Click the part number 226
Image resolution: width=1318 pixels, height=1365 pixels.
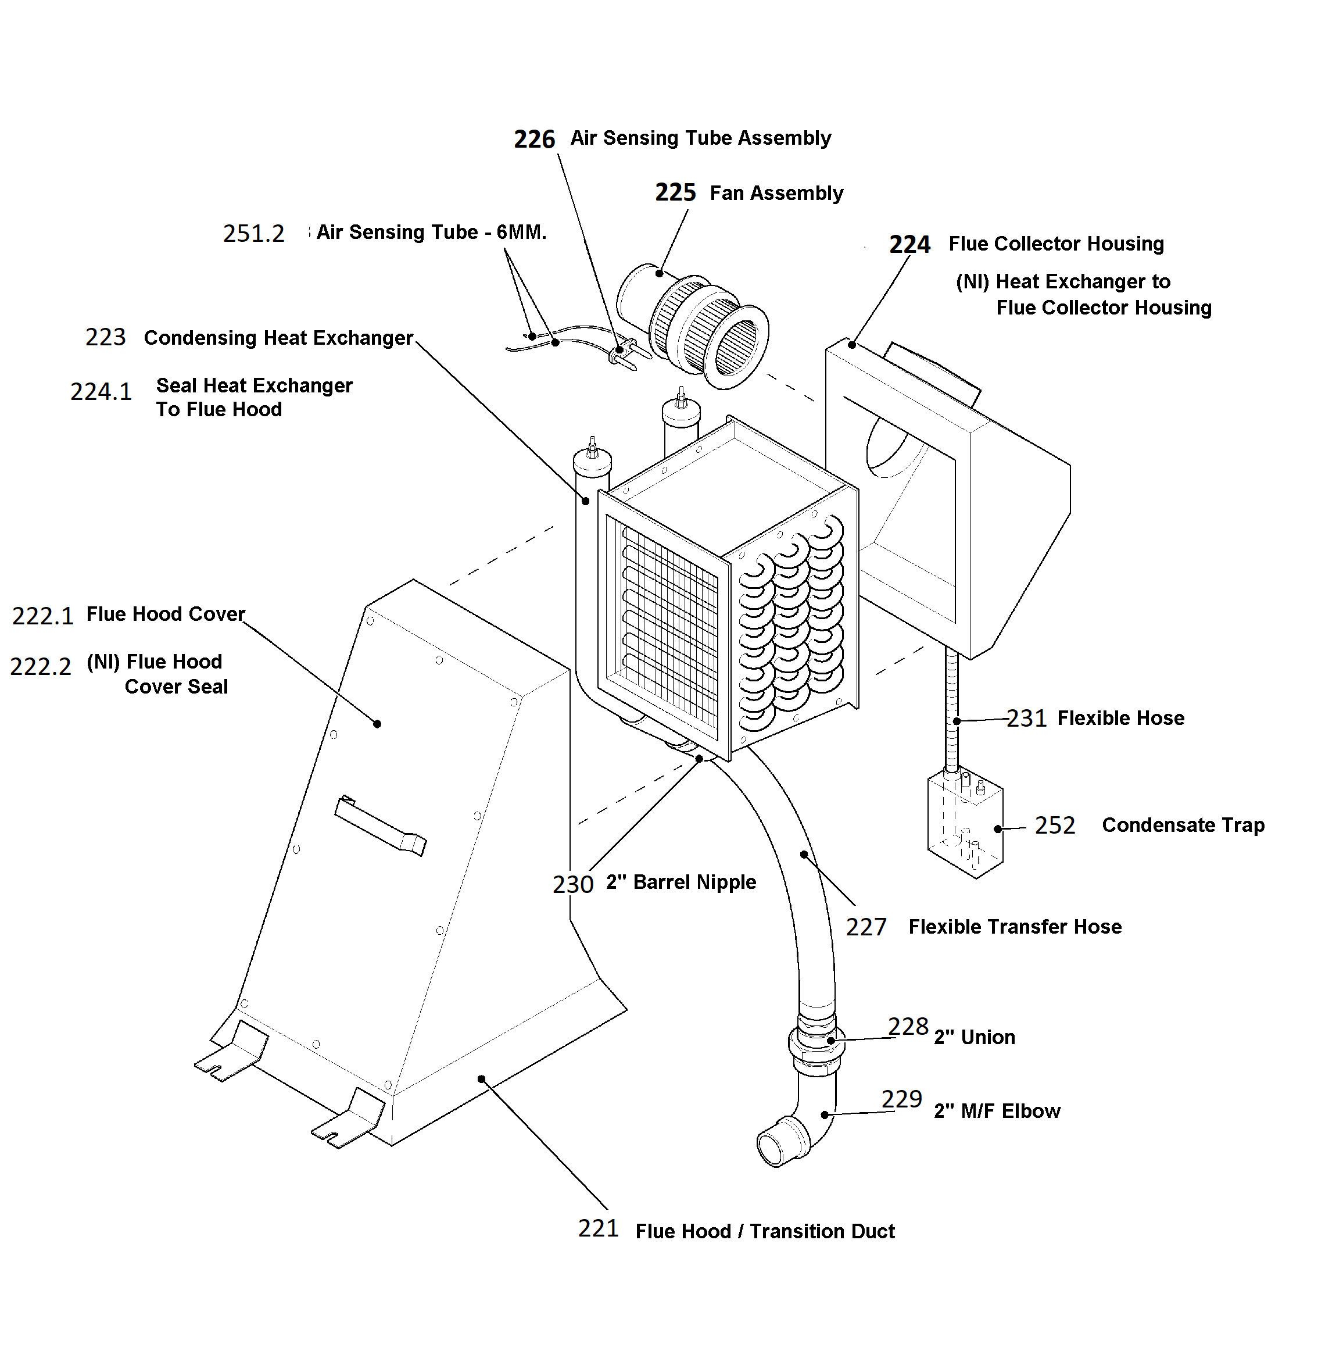534,140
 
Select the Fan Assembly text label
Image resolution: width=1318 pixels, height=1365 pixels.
776,193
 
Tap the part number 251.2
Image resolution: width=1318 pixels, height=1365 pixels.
253,233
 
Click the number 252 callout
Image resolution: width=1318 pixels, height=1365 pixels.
1055,826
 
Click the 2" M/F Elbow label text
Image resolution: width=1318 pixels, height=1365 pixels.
997,1111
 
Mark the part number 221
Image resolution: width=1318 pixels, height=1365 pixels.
598,1228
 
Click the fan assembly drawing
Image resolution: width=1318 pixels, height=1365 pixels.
693,326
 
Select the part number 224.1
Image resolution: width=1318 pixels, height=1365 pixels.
101,392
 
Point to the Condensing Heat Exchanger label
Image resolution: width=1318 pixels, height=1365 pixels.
278,338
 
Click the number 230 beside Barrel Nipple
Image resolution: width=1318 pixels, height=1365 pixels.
573,884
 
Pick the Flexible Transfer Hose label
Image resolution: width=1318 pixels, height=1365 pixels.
1015,927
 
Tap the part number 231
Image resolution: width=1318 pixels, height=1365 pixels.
1027,718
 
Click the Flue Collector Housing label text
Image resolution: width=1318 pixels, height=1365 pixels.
1056,244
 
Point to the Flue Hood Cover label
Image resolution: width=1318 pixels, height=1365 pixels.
166,614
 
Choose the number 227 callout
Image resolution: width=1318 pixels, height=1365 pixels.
866,927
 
